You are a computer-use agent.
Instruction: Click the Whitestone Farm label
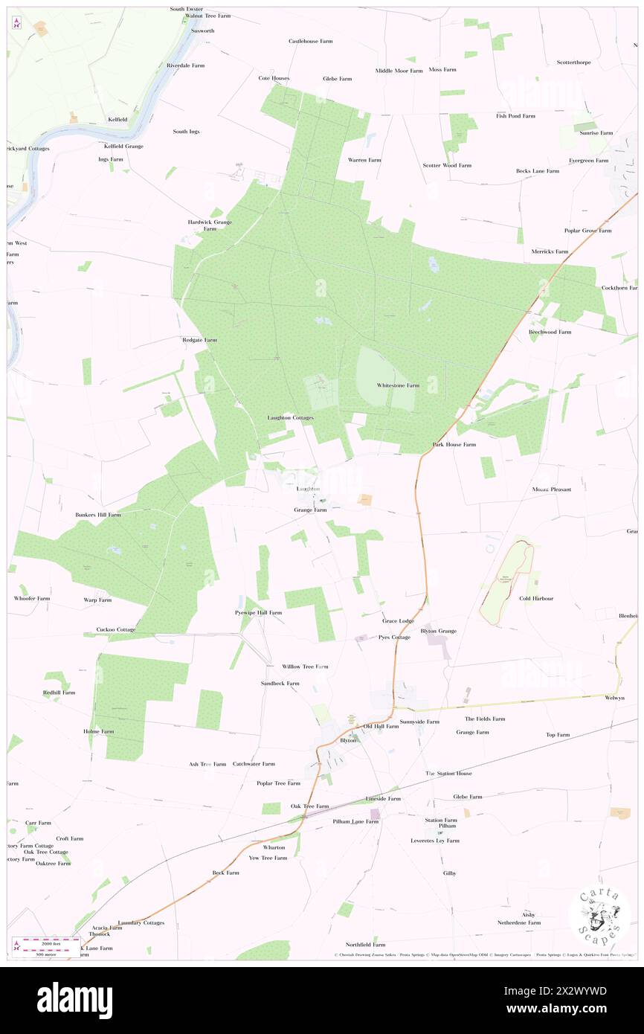pyautogui.click(x=398, y=385)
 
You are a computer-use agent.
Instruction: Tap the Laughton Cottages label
pyautogui.click(x=291, y=418)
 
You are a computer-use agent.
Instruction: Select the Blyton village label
pyautogui.click(x=348, y=740)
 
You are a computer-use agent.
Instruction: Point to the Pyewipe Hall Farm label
pyautogui.click(x=254, y=613)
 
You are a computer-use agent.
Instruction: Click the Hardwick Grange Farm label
pyautogui.click(x=209, y=225)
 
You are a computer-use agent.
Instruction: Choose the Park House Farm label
pyautogui.click(x=454, y=444)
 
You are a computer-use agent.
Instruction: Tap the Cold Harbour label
pyautogui.click(x=536, y=598)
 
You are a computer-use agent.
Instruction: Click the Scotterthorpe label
pyautogui.click(x=573, y=62)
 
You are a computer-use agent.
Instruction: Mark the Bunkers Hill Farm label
pyautogui.click(x=98, y=514)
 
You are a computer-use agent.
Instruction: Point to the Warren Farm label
pyautogui.click(x=364, y=160)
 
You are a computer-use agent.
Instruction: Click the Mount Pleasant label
pyautogui.click(x=551, y=489)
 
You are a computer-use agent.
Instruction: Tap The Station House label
pyautogui.click(x=448, y=774)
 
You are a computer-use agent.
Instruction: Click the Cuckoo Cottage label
pyautogui.click(x=116, y=629)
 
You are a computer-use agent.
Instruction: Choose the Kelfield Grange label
pyautogui.click(x=123, y=146)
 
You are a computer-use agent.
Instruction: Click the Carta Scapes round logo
pyautogui.click(x=599, y=915)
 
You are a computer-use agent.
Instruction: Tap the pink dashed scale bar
pyautogui.click(x=46, y=941)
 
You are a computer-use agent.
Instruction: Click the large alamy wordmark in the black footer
pyautogui.click(x=74, y=999)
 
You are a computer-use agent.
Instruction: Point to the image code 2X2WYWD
pyautogui.click(x=571, y=991)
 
